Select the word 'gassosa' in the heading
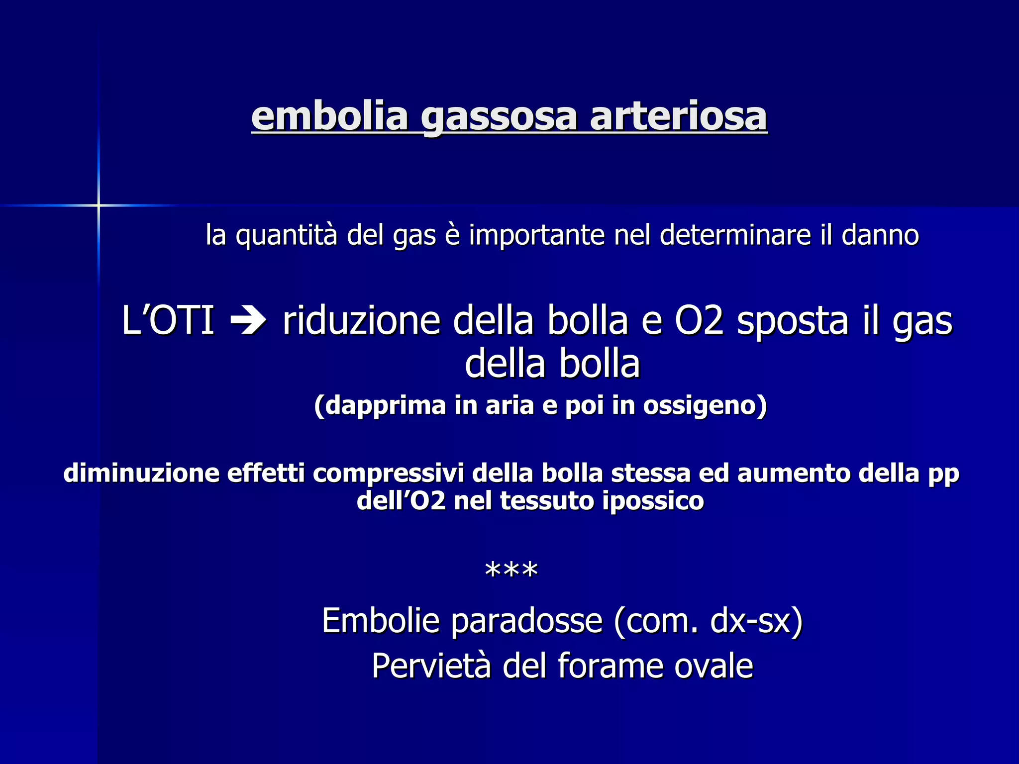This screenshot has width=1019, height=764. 499,117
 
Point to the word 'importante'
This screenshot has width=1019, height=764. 536,236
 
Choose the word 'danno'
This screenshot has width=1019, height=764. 880,235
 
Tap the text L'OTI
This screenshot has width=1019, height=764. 168,320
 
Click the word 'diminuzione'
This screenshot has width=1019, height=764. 141,473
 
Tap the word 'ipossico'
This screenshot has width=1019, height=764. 653,500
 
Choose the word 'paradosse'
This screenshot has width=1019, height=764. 527,622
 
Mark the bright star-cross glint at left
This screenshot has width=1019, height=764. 99,205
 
